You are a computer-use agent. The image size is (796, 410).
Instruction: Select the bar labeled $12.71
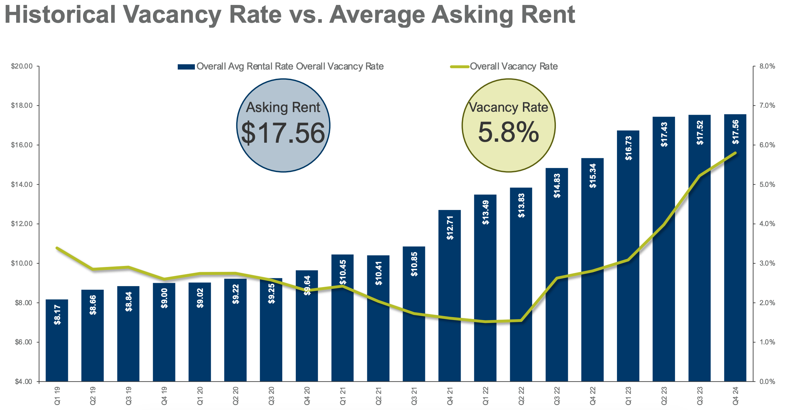(x=449, y=297)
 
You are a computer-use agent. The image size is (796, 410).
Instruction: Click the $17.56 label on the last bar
(x=735, y=132)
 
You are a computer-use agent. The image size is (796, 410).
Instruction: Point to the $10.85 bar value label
(x=414, y=264)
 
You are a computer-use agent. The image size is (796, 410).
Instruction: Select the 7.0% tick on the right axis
(x=767, y=105)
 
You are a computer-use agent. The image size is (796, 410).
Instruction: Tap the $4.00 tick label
(x=23, y=382)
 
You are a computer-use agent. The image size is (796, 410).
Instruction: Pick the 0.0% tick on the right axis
(x=767, y=382)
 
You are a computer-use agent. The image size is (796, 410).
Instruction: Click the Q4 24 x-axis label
(x=735, y=396)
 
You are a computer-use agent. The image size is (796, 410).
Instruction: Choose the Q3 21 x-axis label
(x=414, y=396)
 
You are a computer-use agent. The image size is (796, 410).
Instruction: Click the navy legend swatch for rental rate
(x=186, y=67)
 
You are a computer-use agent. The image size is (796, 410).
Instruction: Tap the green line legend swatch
(x=459, y=67)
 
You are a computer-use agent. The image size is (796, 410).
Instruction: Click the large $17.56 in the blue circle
(x=283, y=133)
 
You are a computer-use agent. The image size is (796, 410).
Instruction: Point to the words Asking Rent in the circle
(x=283, y=107)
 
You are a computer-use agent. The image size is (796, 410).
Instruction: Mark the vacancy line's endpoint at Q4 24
(x=735, y=153)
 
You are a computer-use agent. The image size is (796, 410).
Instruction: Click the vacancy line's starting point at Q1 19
(x=57, y=248)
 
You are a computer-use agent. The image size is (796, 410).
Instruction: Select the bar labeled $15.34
(x=592, y=270)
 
